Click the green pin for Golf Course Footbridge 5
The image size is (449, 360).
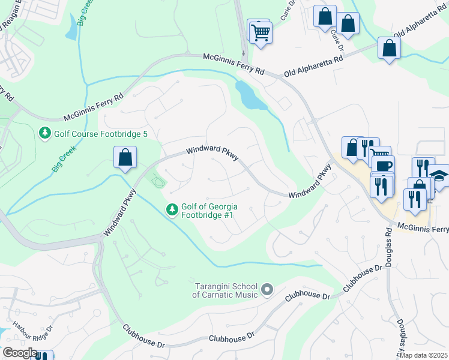click(44, 133)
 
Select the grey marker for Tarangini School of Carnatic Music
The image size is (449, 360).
click(268, 290)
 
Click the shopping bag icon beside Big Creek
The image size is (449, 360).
click(124, 158)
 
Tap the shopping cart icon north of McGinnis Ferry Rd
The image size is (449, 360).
click(261, 32)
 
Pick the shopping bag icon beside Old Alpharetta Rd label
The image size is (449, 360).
click(389, 49)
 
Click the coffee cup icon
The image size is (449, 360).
click(382, 166)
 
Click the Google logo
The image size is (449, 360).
click(20, 353)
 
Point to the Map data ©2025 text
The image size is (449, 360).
click(424, 355)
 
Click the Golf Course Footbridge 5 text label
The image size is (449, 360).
click(101, 134)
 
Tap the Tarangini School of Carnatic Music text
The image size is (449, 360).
click(226, 290)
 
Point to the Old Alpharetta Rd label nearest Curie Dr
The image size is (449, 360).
click(313, 64)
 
